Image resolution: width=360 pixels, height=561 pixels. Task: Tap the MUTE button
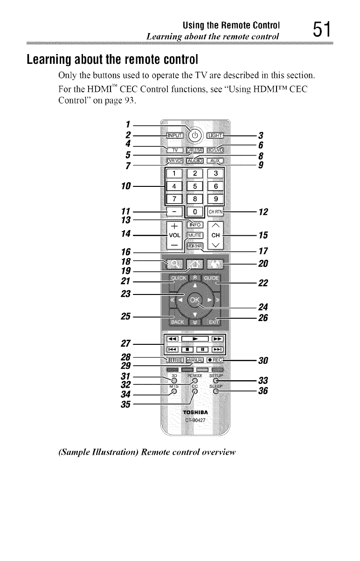pos(196,235)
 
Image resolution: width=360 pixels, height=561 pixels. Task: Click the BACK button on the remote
pos(177,322)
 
